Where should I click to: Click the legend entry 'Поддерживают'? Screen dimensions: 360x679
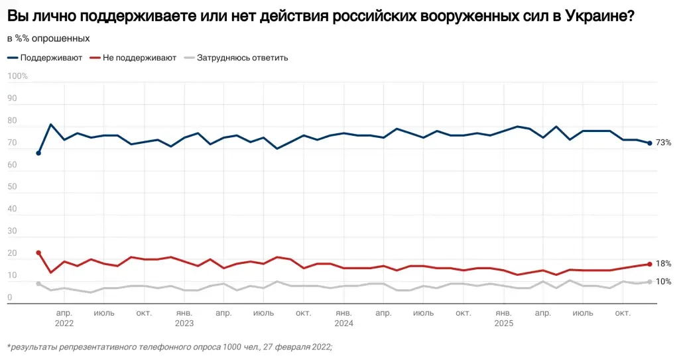pos(51,58)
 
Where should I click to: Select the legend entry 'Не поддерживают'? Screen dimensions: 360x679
pos(139,58)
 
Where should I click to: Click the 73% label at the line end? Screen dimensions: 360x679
pos(663,143)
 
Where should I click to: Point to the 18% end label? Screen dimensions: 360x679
pos(663,264)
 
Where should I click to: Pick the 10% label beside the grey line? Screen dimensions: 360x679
pos(663,282)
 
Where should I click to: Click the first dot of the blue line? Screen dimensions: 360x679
pos(38,153)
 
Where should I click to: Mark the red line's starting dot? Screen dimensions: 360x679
pos(38,253)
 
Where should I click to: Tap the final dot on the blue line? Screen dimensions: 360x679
pos(649,143)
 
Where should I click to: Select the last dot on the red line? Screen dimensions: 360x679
pos(649,264)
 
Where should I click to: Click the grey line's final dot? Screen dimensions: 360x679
pos(649,282)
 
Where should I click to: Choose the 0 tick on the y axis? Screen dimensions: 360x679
pos(9,298)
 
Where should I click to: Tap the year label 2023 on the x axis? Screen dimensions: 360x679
pos(184,324)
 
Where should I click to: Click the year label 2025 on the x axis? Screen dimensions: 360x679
pos(504,324)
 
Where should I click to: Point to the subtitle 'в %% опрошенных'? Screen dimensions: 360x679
pos(48,39)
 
